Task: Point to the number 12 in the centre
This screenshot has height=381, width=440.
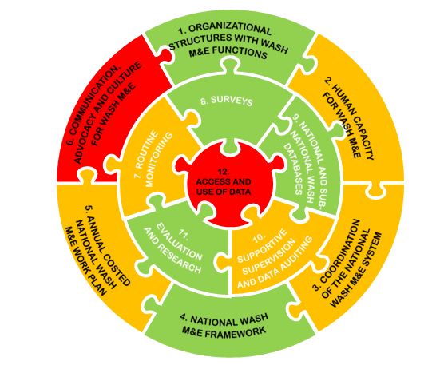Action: (224, 172)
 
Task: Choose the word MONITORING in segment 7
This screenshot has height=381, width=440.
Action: (160, 160)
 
